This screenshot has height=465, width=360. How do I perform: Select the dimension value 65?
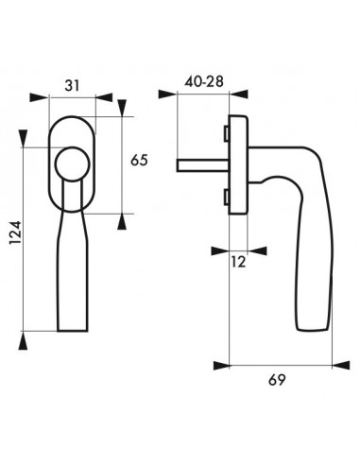[139, 161]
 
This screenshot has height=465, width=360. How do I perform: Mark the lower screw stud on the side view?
[226, 197]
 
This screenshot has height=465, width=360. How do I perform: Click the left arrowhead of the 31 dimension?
[37, 98]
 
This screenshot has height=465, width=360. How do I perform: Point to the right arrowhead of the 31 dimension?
[107, 98]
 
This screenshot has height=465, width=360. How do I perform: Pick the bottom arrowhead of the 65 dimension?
[123, 221]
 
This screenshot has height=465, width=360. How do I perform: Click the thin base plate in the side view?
[237, 164]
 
